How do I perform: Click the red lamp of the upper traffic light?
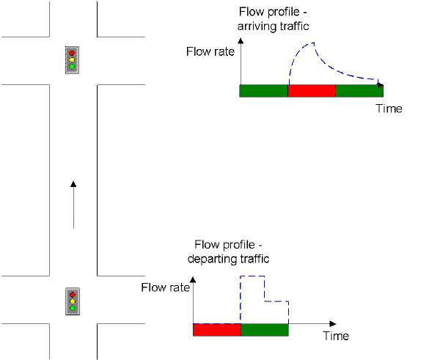point(72,53)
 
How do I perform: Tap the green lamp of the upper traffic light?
point(72,67)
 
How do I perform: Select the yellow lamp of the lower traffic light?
point(73,301)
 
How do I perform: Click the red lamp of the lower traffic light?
point(73,295)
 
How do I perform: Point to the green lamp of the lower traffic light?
point(73,309)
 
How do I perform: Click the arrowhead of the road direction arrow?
point(73,184)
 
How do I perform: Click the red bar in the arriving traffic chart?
point(312,91)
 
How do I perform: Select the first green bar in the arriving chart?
point(263,91)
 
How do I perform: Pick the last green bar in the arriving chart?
point(359,91)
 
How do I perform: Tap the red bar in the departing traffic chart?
point(217,330)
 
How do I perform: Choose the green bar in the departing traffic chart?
point(265,330)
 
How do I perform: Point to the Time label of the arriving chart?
point(389,109)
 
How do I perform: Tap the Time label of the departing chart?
point(336,336)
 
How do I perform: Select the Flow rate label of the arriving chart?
point(210,51)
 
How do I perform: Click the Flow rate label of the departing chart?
point(165,287)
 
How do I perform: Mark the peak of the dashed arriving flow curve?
point(313,43)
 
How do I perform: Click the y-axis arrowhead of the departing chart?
point(193,279)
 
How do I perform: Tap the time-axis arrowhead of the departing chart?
point(333,324)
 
